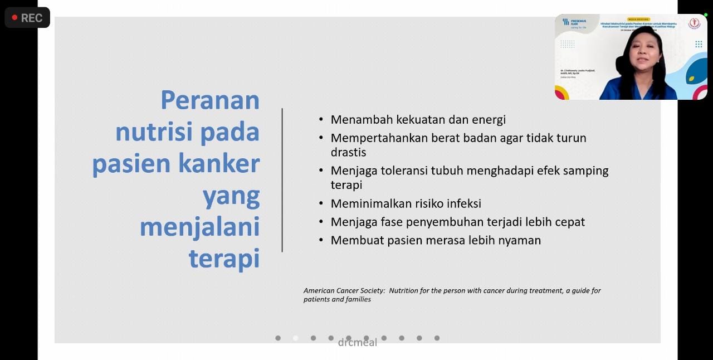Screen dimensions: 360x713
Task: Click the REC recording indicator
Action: [x=27, y=18]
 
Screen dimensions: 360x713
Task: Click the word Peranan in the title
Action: [x=210, y=100]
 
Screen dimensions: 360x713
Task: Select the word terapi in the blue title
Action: [x=224, y=259]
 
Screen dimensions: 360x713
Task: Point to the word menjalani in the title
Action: [x=199, y=227]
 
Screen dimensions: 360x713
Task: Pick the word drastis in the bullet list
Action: [x=348, y=152]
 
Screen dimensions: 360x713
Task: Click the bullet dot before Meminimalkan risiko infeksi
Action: [x=321, y=203]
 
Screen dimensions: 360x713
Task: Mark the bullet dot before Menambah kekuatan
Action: [x=321, y=119]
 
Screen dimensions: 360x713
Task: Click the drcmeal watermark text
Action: [x=358, y=343]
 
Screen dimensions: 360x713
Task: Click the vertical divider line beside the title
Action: [x=282, y=179]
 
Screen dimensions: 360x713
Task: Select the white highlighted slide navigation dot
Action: [x=296, y=338]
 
